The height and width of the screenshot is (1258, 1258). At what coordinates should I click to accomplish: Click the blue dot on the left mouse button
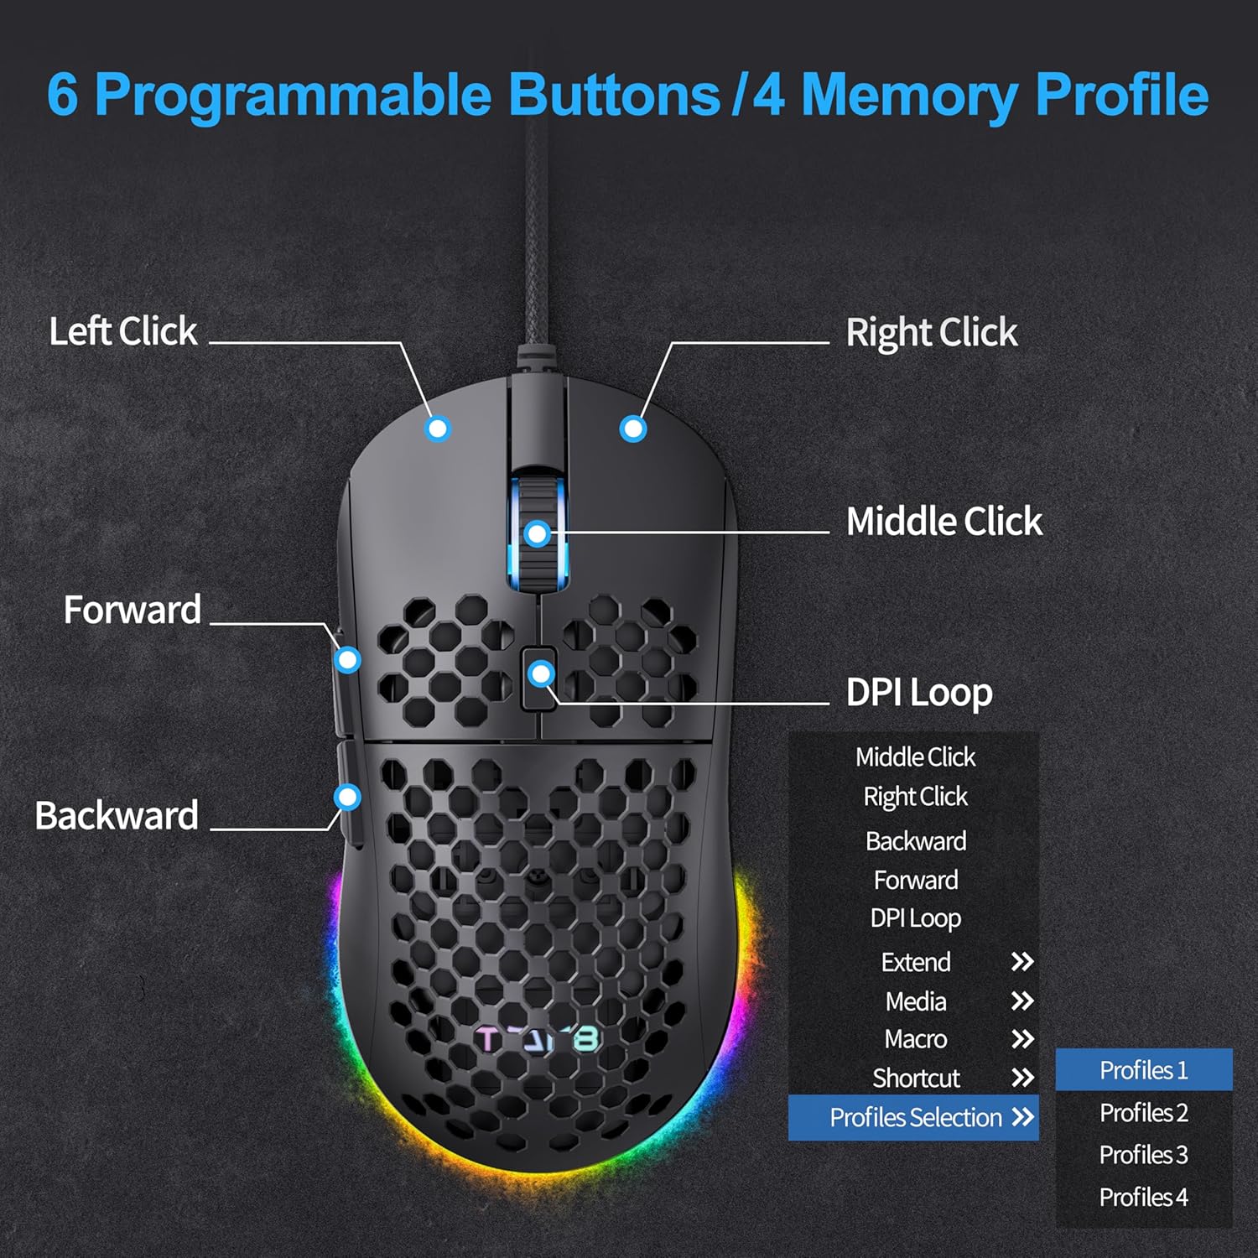[438, 429]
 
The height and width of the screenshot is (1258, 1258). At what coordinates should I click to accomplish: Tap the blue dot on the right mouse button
[633, 429]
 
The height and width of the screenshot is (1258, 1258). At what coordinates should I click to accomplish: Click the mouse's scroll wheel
[538, 533]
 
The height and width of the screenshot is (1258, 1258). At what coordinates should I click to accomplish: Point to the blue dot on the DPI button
[542, 673]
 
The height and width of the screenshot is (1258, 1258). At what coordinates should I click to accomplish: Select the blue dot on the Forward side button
[347, 660]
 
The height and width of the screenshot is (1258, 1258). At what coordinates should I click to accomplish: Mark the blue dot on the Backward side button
[347, 797]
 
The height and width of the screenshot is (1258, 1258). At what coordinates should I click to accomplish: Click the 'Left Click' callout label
[123, 331]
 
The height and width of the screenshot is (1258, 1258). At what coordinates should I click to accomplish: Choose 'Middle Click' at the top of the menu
[915, 757]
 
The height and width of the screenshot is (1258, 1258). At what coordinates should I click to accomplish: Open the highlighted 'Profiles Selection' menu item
[915, 1117]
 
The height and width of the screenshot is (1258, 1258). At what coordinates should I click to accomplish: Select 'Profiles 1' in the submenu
[1143, 1070]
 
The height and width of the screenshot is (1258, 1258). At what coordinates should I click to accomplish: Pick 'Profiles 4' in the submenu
[1143, 1197]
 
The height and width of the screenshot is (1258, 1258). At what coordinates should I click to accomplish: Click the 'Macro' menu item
[915, 1039]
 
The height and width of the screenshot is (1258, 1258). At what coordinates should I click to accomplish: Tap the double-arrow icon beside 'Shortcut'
[1022, 1078]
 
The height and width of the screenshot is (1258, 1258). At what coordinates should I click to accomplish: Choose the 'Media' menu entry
[915, 1001]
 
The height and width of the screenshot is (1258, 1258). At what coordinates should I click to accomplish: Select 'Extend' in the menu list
[915, 962]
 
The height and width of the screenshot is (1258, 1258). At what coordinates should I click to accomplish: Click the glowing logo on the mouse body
[538, 1040]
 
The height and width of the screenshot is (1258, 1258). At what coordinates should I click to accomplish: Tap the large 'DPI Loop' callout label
[919, 693]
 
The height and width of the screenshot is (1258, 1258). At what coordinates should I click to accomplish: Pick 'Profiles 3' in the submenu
[1143, 1155]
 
